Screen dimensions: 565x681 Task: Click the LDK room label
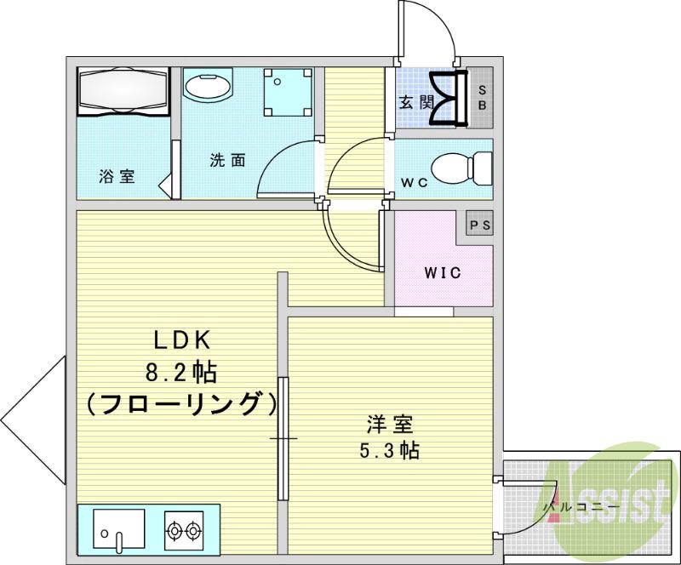(x=181, y=340)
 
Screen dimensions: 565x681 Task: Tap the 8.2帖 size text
(x=181, y=372)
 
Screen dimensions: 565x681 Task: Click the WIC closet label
(x=443, y=273)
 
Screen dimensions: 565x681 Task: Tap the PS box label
(x=480, y=225)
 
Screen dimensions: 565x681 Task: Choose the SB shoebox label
(x=481, y=97)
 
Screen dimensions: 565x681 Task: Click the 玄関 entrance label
(x=416, y=103)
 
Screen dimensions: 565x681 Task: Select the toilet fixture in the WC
(x=461, y=167)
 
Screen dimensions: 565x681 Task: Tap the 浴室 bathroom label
(x=117, y=177)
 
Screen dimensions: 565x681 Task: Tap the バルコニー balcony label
(x=575, y=508)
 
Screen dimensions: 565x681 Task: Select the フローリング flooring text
(x=182, y=403)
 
